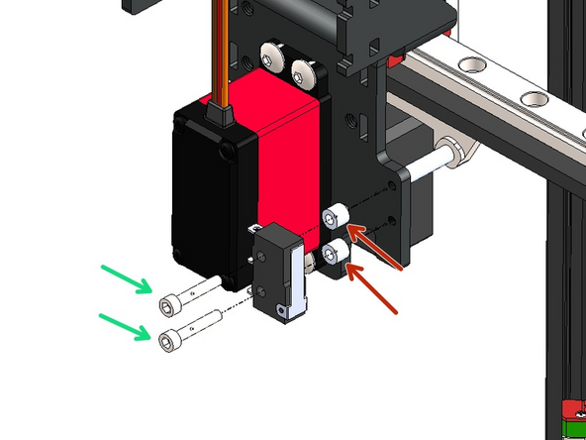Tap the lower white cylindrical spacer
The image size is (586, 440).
pyautogui.click(x=337, y=253)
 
